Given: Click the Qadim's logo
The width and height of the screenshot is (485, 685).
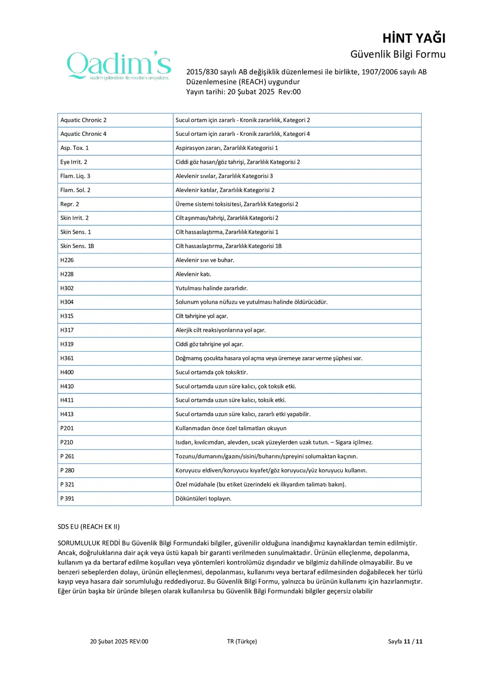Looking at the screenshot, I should pyautogui.click(x=119, y=65).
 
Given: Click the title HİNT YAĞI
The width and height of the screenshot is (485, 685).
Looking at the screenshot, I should pyautogui.click(x=414, y=38).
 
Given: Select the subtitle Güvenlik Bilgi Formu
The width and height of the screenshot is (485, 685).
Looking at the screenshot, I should pyautogui.click(x=397, y=54).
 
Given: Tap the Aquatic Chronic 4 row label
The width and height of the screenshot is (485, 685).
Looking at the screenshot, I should pyautogui.click(x=84, y=134).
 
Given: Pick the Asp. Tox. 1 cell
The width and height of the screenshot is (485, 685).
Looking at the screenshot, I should pyautogui.click(x=75, y=148).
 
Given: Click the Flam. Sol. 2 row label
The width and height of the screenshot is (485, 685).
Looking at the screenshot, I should pyautogui.click(x=75, y=190).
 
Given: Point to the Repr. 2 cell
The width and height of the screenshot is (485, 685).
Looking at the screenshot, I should pyautogui.click(x=70, y=204).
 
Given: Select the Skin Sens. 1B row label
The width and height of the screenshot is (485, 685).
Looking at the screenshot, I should pyautogui.click(x=77, y=246).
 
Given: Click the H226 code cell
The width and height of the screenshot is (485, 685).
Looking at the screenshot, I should pyautogui.click(x=67, y=260).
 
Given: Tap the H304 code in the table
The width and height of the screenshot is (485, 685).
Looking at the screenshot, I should pyautogui.click(x=67, y=302).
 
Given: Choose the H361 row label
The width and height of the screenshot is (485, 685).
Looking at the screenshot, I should pyautogui.click(x=67, y=358).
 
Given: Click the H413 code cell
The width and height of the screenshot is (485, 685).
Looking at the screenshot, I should pyautogui.click(x=67, y=414).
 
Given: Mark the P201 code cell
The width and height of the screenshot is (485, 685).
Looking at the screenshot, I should pyautogui.click(x=67, y=428).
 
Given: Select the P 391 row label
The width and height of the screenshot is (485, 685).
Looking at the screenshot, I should pyautogui.click(x=67, y=498).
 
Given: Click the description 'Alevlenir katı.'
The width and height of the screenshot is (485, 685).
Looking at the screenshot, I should pyautogui.click(x=193, y=274).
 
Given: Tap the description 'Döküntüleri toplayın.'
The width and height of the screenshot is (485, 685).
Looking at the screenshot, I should pyautogui.click(x=203, y=498).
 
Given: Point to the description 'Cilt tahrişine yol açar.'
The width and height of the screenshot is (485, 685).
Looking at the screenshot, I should pyautogui.click(x=202, y=316).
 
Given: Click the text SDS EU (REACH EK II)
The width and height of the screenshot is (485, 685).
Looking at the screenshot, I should pyautogui.click(x=88, y=527).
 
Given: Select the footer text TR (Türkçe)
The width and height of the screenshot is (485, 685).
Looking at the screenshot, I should pyautogui.click(x=242, y=641).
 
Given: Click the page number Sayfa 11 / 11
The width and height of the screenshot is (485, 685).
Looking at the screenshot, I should pyautogui.click(x=405, y=641).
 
